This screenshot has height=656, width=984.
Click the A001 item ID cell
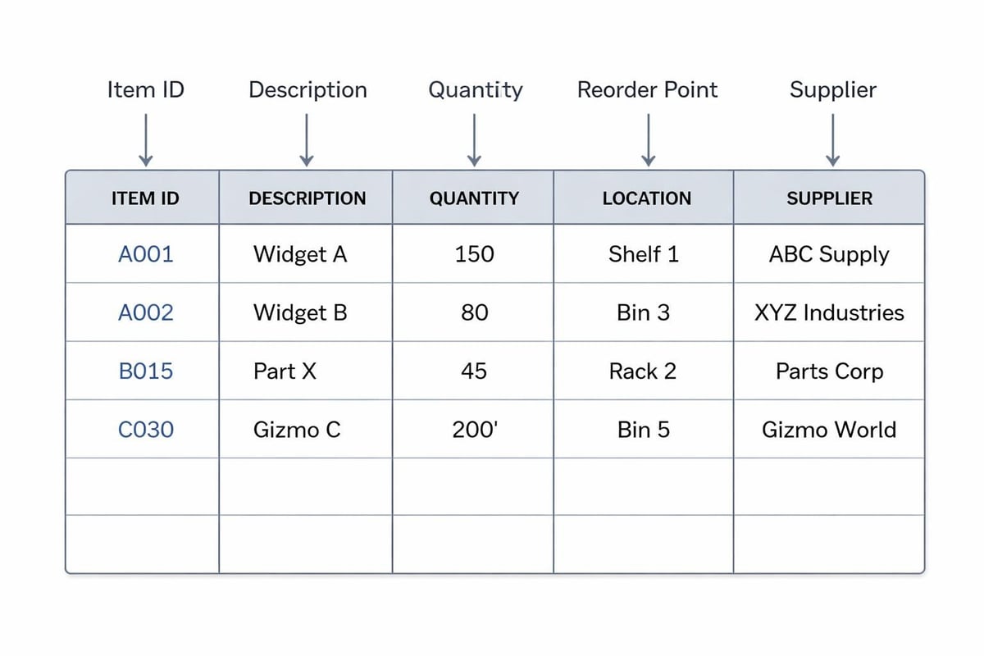(146, 254)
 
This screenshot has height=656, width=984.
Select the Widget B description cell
(300, 312)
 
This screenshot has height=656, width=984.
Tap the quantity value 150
(474, 254)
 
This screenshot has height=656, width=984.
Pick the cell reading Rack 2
(643, 371)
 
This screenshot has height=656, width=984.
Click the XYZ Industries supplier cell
(829, 312)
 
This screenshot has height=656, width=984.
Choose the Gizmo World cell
(829, 430)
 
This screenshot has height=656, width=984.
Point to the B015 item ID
(146, 371)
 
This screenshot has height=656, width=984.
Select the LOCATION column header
(646, 198)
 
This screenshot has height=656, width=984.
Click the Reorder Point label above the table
(647, 90)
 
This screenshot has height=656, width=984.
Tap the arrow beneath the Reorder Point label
(648, 139)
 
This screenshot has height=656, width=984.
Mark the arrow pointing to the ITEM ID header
(145, 139)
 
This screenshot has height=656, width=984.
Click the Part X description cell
(285, 371)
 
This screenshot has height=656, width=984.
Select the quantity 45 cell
(474, 371)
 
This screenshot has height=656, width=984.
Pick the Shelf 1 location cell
(643, 254)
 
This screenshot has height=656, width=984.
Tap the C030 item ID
(146, 430)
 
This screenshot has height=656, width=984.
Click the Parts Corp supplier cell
(829, 371)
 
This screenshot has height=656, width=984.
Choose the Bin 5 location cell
(643, 430)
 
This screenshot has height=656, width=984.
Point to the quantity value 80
(474, 312)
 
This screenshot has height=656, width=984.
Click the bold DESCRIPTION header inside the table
(307, 198)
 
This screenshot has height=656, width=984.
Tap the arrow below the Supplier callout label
(832, 139)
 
